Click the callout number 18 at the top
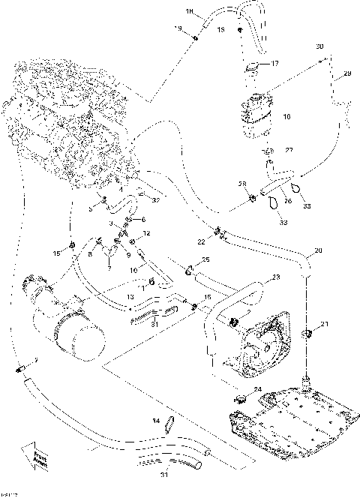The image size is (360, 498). tap(189, 12)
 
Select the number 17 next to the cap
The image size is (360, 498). tap(274, 64)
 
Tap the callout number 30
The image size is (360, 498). tap(319, 46)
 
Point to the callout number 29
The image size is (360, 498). tap(347, 73)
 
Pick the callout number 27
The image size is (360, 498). tap(289, 150)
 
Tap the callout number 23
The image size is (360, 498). tap(276, 277)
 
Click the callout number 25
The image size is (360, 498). tap(206, 259)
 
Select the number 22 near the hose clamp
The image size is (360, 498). tap(201, 241)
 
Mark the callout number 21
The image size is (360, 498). tap(324, 324)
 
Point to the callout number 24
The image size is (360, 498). tap(257, 388)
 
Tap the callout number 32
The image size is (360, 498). tap(156, 200)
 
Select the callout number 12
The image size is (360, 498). tap(147, 234)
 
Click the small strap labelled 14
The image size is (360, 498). tap(170, 424)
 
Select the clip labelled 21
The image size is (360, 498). tap(306, 331)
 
